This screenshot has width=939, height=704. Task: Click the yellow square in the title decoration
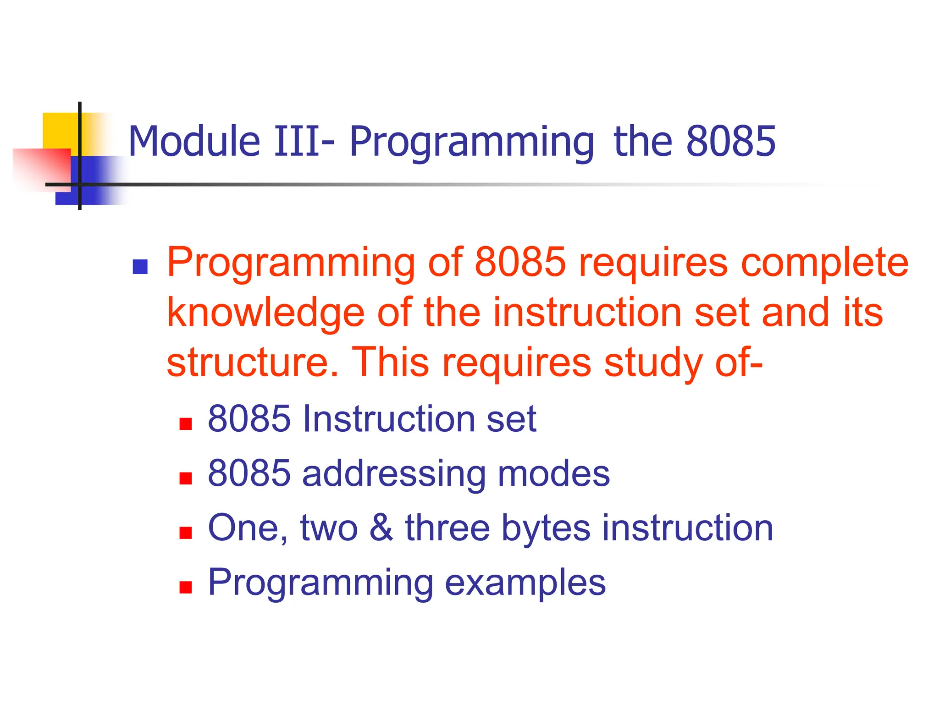point(60,130)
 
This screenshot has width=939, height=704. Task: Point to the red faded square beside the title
point(41,167)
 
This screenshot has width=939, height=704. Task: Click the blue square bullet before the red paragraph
point(140,267)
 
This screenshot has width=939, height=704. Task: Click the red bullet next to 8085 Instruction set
point(185,424)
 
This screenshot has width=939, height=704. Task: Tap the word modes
point(554,473)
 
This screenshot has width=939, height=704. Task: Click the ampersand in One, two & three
point(381,528)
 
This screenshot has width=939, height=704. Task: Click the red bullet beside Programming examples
point(185,587)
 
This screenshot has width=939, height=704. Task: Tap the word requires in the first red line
point(653,264)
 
